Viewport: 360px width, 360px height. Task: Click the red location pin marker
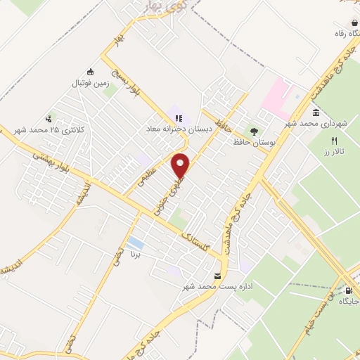point(181,165)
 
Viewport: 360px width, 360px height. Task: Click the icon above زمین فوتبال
point(90,71)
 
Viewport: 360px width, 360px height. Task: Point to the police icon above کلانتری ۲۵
point(48,119)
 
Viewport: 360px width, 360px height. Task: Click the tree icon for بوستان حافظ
point(253,131)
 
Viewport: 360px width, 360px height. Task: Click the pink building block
point(278,98)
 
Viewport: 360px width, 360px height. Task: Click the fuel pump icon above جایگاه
point(349,290)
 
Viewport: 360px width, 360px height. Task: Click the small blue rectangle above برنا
point(133,243)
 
